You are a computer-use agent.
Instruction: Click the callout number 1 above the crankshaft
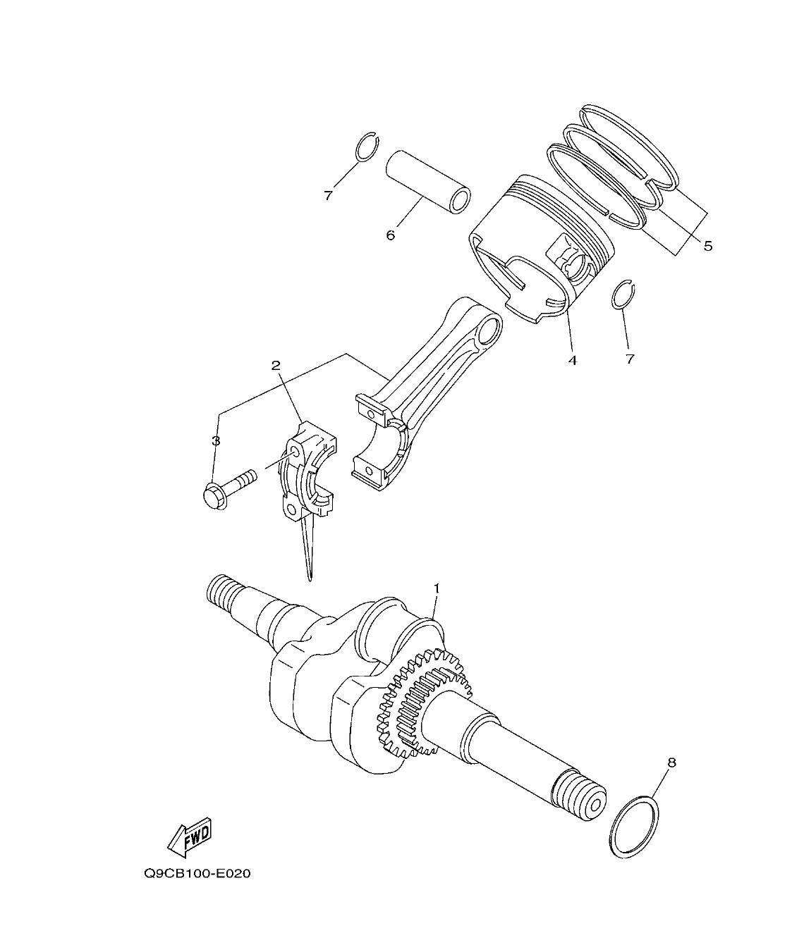tap(437, 587)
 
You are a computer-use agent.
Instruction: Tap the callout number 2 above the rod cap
tap(276, 365)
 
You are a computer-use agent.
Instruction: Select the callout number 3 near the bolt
tap(216, 441)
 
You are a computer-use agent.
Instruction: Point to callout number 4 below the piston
tap(572, 360)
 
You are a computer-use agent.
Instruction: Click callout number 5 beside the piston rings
tap(707, 246)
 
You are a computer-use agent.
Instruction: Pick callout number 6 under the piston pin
tap(390, 235)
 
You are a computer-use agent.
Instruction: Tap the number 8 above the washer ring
tap(671, 762)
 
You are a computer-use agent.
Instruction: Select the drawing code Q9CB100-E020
tap(197, 874)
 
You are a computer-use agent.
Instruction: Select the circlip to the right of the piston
tap(623, 295)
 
